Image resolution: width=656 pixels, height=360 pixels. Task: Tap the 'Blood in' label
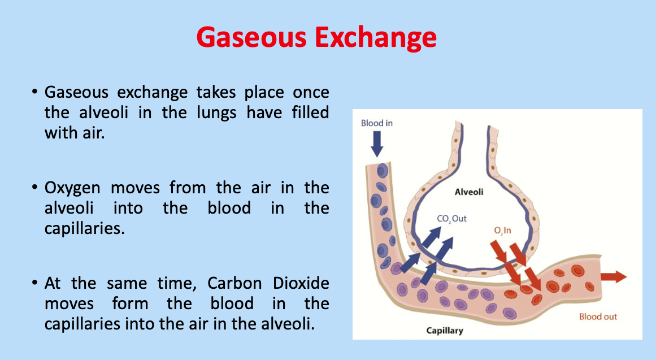[376, 123]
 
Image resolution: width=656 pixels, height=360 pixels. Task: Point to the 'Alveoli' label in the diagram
[469, 192]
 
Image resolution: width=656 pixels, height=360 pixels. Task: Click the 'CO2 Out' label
[451, 219]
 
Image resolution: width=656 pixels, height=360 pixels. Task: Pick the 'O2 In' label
[502, 231]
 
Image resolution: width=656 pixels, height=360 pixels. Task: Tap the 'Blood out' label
[598, 316]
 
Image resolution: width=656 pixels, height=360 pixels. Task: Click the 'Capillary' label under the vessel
[445, 330]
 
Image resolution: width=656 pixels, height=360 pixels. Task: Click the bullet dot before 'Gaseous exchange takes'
[35, 92]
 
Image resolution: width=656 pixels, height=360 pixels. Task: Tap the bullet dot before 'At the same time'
[35, 283]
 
